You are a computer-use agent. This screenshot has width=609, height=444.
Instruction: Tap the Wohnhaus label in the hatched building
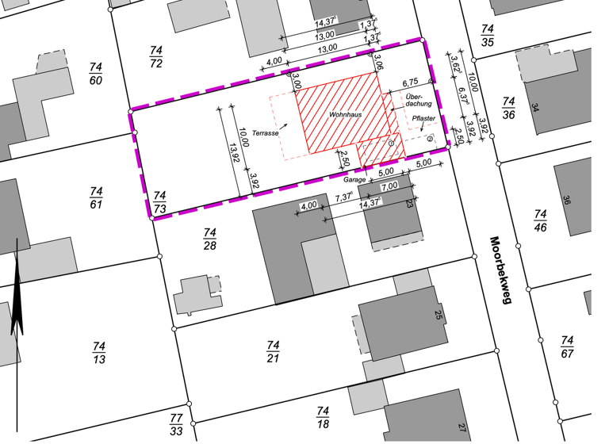(x=346, y=117)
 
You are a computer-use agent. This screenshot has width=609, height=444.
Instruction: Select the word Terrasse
(x=266, y=133)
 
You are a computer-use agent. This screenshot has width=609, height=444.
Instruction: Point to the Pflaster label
(x=424, y=119)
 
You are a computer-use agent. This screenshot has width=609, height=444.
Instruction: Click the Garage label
(x=354, y=180)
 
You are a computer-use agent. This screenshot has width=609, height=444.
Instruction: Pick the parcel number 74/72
(x=156, y=56)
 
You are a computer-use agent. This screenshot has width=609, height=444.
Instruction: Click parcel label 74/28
(x=210, y=238)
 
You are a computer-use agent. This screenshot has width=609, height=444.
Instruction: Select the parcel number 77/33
(x=176, y=424)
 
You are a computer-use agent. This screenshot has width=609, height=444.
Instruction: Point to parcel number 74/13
(x=98, y=352)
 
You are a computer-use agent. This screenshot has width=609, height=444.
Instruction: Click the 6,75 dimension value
(x=410, y=82)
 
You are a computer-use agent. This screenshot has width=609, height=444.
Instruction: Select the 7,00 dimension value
(x=389, y=186)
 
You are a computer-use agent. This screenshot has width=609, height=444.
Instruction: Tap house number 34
(x=537, y=108)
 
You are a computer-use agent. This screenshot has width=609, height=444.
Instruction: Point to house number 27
(x=462, y=429)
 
